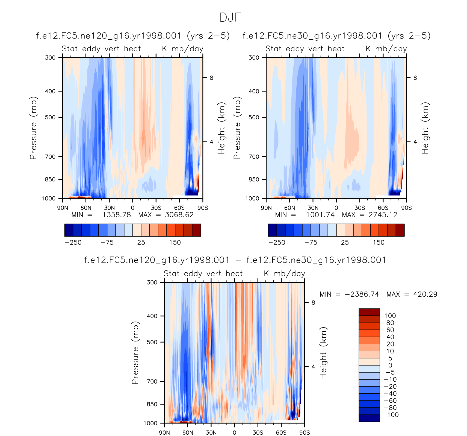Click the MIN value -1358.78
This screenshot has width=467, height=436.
[x=114, y=215]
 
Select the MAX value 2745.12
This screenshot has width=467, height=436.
[x=383, y=215]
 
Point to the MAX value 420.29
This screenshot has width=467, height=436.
[x=425, y=294]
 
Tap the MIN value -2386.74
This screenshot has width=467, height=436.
[x=362, y=294]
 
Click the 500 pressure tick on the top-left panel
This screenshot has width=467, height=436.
[x=50, y=117]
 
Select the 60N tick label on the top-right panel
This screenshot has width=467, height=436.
[x=289, y=208]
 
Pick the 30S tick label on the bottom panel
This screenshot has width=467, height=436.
[x=258, y=432]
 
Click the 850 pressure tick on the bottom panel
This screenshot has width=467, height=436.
[x=152, y=404]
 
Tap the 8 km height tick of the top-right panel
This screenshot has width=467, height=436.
[x=415, y=78]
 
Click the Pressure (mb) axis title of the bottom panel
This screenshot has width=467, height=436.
[x=135, y=353]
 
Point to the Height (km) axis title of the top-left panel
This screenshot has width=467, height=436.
[x=221, y=128]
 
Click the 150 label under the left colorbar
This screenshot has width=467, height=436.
[x=175, y=243]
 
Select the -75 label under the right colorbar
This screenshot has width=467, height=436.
[x=311, y=243]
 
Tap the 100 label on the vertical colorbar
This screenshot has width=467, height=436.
[x=390, y=316]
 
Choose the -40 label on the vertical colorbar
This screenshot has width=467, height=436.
[x=390, y=394]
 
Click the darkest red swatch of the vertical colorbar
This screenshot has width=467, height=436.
[x=369, y=312]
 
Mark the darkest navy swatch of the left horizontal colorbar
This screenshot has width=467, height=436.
[x=69, y=230]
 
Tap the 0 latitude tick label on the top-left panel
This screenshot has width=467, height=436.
[x=133, y=208]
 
